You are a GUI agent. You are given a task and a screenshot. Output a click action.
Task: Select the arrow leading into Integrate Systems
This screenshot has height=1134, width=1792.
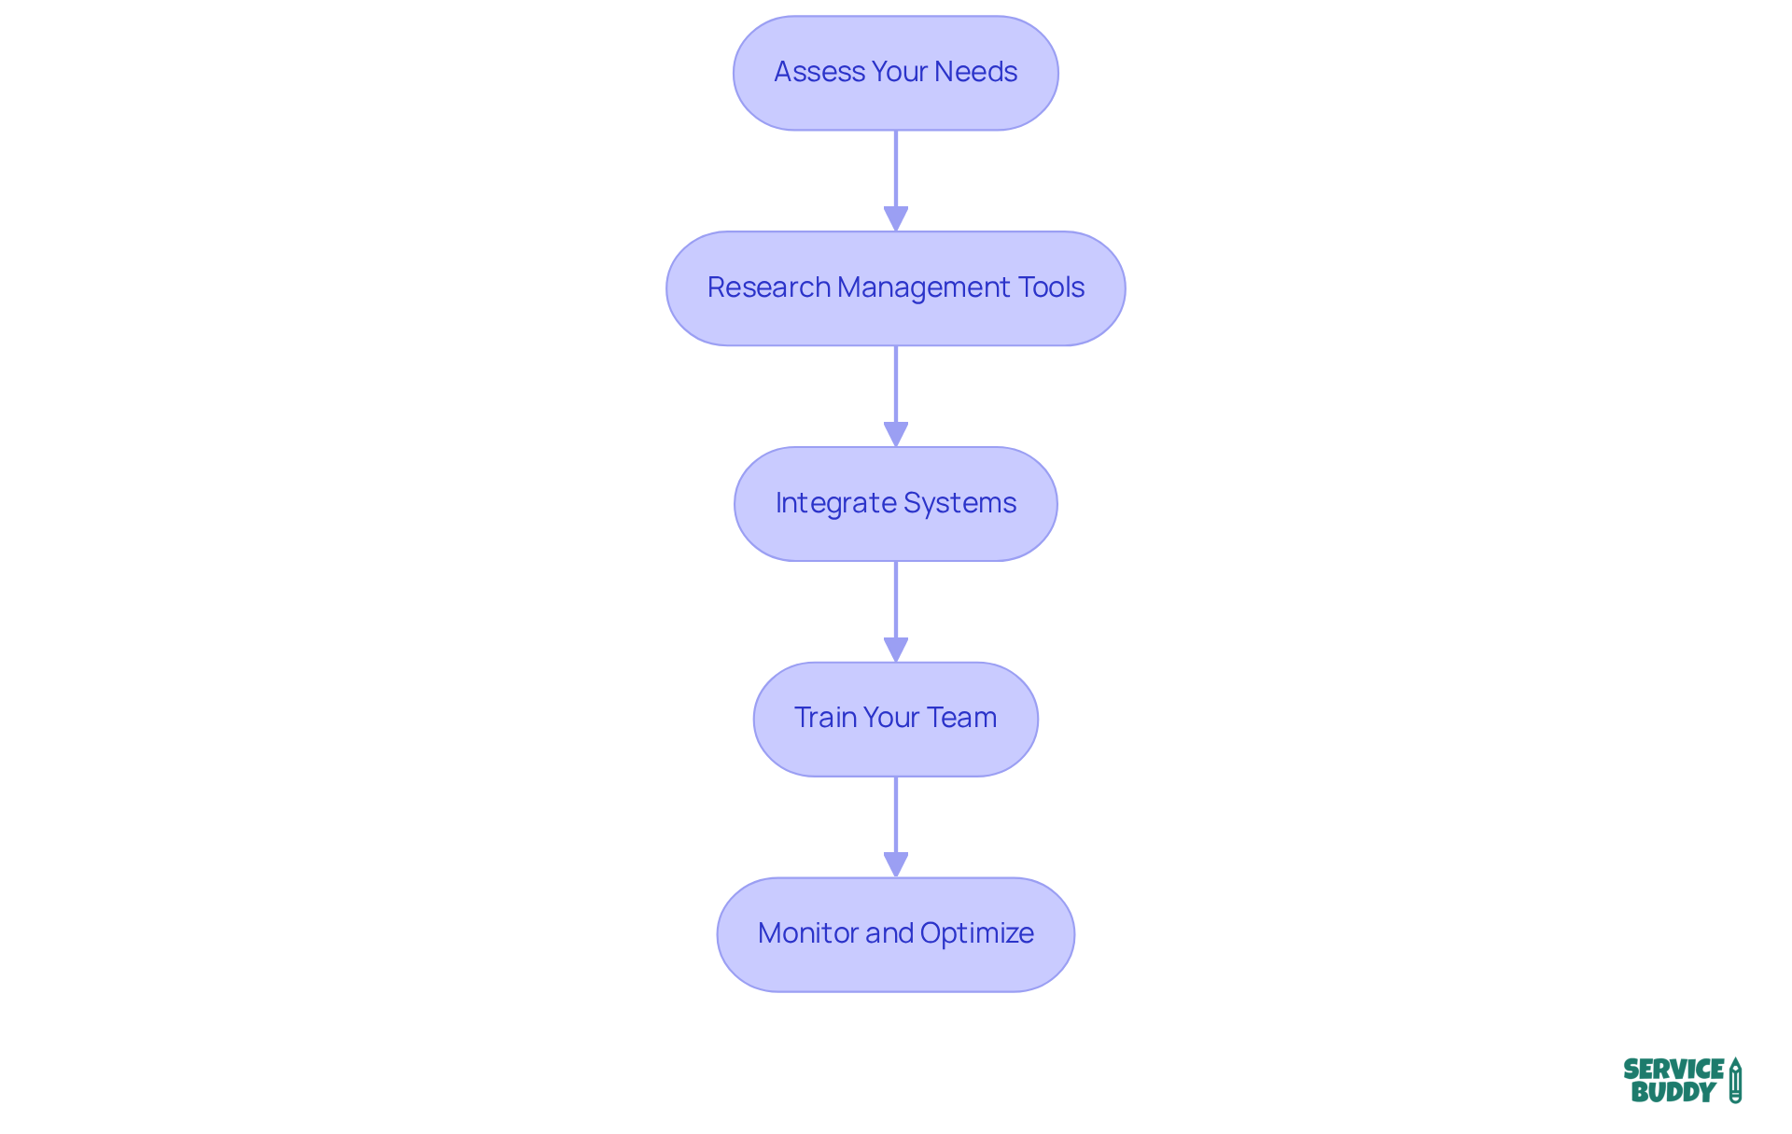pyautogui.click(x=896, y=396)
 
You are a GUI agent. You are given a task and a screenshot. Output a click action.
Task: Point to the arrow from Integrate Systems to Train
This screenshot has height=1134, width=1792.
pyautogui.click(x=896, y=611)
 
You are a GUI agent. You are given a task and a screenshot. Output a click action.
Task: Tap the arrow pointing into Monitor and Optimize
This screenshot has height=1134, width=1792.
pyautogui.click(x=896, y=826)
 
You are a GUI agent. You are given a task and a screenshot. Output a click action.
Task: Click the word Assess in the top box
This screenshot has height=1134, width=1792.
pyautogui.click(x=806, y=72)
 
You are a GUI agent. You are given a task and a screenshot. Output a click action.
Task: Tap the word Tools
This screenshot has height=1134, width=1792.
pyautogui.click(x=1051, y=287)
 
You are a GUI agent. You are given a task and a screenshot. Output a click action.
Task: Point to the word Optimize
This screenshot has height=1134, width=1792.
pyautogui.click(x=976, y=933)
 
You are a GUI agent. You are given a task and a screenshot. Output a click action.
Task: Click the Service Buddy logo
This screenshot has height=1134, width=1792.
pyautogui.click(x=1682, y=1080)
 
